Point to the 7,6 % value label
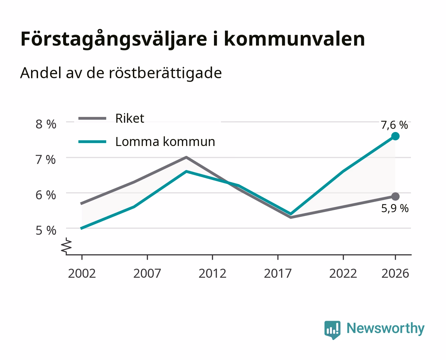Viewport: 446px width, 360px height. point(394,125)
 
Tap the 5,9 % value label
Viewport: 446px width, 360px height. point(395,208)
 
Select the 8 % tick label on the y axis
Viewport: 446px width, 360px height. point(46,124)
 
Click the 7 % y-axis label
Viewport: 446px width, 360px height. point(46,160)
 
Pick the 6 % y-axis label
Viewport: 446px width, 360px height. point(46,195)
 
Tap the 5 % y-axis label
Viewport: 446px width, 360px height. point(46,231)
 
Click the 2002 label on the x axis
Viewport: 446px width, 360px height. point(82,273)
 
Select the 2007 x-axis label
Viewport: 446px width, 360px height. point(147,273)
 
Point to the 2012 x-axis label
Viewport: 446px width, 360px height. point(212,273)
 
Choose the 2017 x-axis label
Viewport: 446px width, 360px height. point(278,273)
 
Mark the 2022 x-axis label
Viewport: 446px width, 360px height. point(343,273)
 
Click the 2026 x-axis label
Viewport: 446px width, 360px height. point(395,273)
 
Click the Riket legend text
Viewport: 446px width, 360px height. point(130,118)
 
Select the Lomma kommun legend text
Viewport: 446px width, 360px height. point(165,142)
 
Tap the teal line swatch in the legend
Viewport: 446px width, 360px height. point(92,142)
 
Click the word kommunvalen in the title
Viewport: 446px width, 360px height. point(295,39)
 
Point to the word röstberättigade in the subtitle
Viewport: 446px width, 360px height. point(165,73)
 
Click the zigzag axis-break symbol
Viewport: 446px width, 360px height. point(66,246)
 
